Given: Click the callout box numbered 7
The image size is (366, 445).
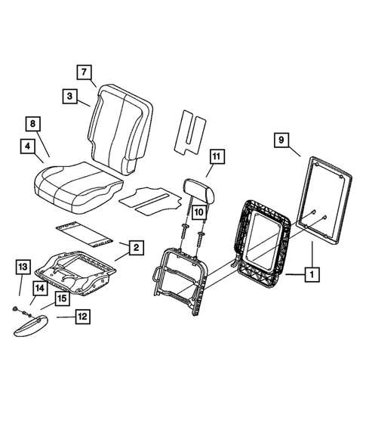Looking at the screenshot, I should pyautogui.click(x=85, y=73).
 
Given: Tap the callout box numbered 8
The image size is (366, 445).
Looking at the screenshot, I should pyautogui.click(x=32, y=123).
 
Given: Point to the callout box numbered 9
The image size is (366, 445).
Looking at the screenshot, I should pyautogui.click(x=280, y=140).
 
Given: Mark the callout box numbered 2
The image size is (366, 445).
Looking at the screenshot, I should pyautogui.click(x=135, y=247).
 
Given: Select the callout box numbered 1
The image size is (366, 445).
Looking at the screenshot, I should pyautogui.click(x=309, y=276).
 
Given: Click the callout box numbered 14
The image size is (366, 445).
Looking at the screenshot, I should pyautogui.click(x=37, y=287).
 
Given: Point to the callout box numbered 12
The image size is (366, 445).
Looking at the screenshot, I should pyautogui.click(x=82, y=318).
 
